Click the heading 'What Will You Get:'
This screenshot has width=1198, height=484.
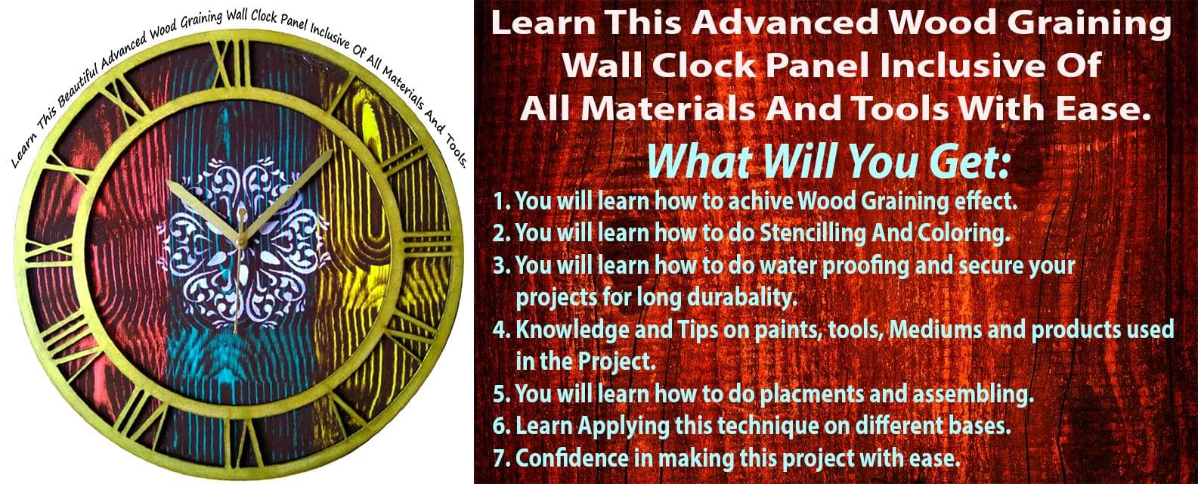828,162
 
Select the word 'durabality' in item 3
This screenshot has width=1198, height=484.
741,298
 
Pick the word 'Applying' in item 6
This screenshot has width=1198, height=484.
623,426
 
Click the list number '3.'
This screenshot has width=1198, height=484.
502,266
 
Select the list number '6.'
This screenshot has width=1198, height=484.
502,427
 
